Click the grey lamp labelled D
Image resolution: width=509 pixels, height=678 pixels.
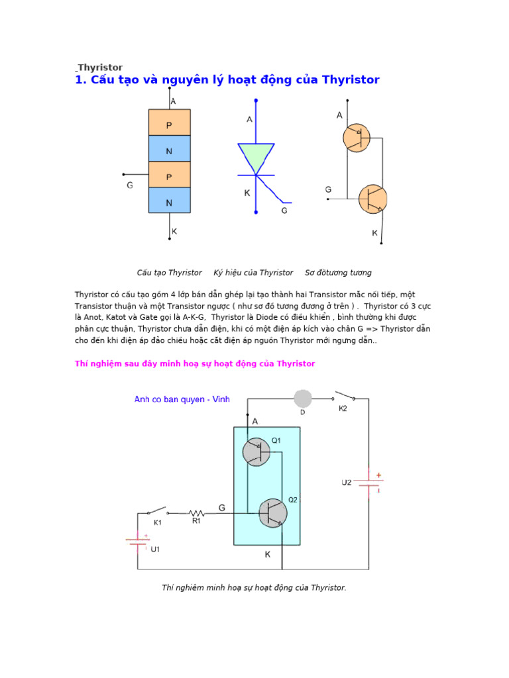(303, 399)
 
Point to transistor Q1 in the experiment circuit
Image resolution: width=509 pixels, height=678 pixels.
(256, 452)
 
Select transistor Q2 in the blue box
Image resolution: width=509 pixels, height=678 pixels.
(272, 513)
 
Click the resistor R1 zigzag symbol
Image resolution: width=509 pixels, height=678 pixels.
(196, 512)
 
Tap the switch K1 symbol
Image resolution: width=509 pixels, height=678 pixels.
(157, 511)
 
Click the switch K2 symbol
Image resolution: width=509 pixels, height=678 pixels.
(343, 397)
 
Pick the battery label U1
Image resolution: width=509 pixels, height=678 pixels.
(155, 549)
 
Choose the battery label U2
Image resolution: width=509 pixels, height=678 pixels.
(347, 483)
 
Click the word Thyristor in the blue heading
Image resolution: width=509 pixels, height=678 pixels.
(351, 80)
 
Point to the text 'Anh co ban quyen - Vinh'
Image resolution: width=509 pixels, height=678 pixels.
(177, 399)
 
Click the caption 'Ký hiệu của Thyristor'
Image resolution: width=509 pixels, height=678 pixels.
(253, 273)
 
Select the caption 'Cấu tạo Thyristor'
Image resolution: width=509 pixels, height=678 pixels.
(169, 273)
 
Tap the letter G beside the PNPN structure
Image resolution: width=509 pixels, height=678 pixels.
(129, 185)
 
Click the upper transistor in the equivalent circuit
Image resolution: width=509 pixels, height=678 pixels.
(357, 138)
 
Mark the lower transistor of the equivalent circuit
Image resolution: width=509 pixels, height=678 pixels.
(372, 199)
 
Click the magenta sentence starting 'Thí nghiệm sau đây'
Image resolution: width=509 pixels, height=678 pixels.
(195, 364)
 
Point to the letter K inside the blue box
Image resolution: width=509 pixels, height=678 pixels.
(268, 555)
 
